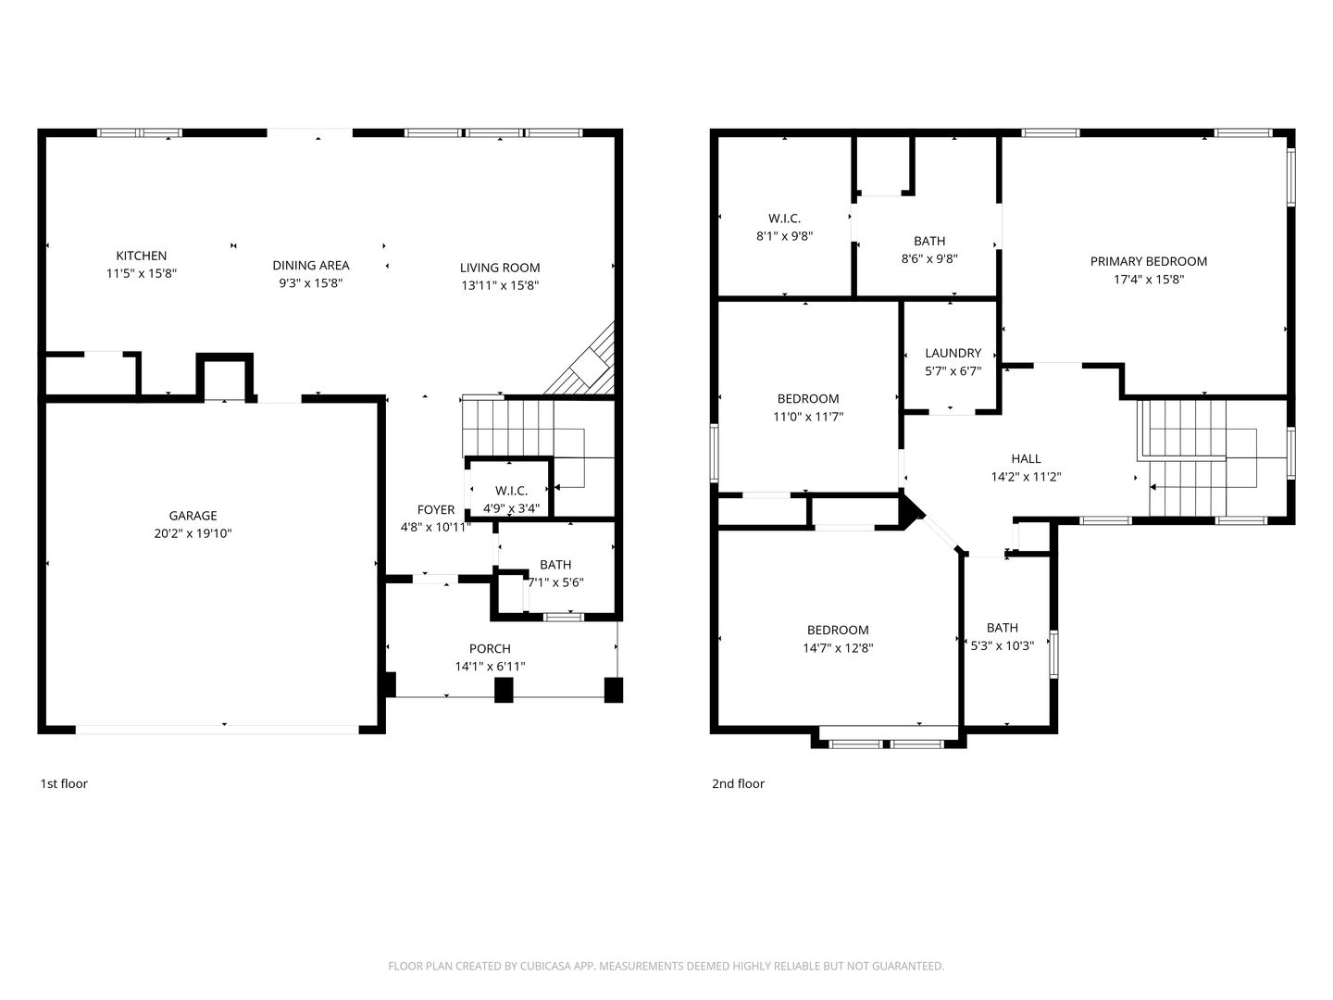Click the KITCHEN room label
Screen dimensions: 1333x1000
point(141,256)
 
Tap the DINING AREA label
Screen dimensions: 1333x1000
point(310,266)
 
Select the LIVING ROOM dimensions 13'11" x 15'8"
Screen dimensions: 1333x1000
point(500,285)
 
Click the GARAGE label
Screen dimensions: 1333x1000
point(193,516)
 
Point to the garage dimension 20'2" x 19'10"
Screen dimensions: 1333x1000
point(193,533)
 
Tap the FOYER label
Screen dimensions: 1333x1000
point(435,509)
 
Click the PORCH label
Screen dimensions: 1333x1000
point(490,648)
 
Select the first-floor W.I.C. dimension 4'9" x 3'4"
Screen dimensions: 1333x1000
point(511,508)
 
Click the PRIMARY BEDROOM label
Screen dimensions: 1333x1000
point(1149,262)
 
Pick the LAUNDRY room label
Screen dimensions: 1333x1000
point(953,353)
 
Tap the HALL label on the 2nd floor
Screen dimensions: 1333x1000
point(1026,459)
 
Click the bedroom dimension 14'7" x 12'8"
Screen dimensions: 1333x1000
point(838,648)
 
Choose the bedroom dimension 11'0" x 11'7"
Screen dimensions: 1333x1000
point(808,417)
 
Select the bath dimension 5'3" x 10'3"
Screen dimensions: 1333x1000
point(1002,645)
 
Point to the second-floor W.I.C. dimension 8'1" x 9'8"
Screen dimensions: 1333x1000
point(784,236)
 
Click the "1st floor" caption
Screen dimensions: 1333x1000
point(64,783)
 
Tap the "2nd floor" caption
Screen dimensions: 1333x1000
point(738,783)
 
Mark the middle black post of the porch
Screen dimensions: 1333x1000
point(504,690)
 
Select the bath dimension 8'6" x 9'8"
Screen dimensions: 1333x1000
point(929,258)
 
